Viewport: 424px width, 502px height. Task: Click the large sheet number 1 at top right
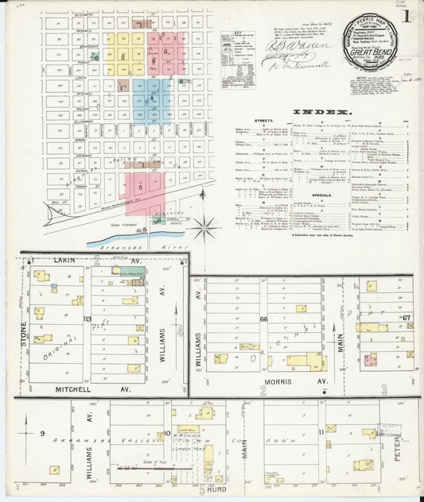[406, 15]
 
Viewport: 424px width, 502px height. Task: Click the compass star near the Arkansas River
[205, 228]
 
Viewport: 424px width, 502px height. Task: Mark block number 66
[263, 319]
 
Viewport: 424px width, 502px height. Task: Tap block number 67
[406, 318]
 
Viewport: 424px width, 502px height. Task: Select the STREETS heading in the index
[263, 122]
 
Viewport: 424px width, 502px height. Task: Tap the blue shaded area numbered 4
[151, 97]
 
